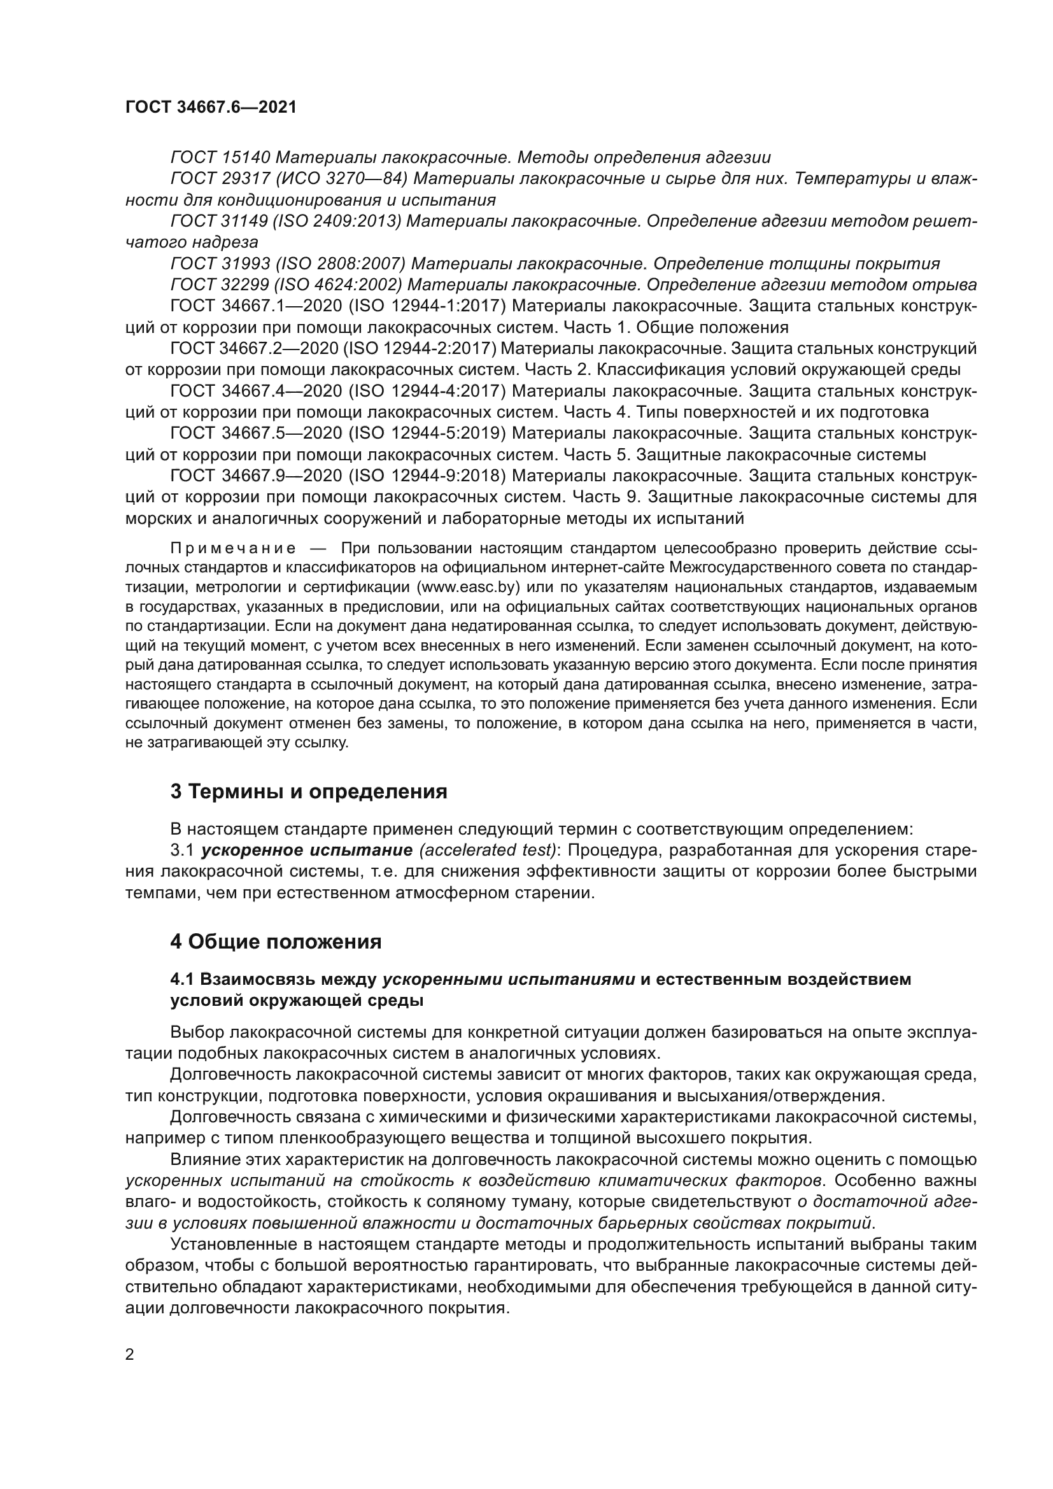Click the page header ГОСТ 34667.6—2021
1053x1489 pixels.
tap(211, 108)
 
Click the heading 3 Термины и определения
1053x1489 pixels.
tap(309, 791)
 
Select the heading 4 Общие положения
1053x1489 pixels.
tap(276, 942)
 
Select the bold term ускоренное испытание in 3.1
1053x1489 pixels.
tap(307, 850)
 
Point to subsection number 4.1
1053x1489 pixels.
tap(183, 978)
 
